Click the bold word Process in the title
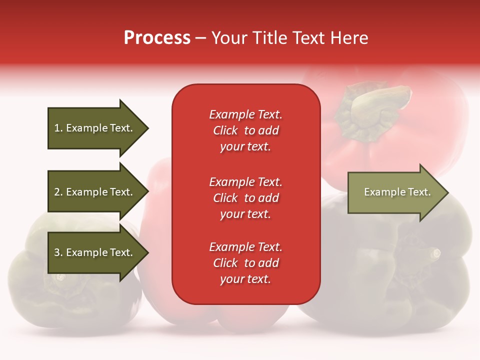tap(157, 38)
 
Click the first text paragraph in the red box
tap(245, 130)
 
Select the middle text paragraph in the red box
tap(245, 198)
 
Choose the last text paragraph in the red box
tap(245, 263)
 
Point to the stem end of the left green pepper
tap(60, 276)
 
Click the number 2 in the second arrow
tap(57, 192)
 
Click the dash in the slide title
tap(200, 38)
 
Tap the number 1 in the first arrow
tap(57, 128)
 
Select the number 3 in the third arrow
tap(57, 252)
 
